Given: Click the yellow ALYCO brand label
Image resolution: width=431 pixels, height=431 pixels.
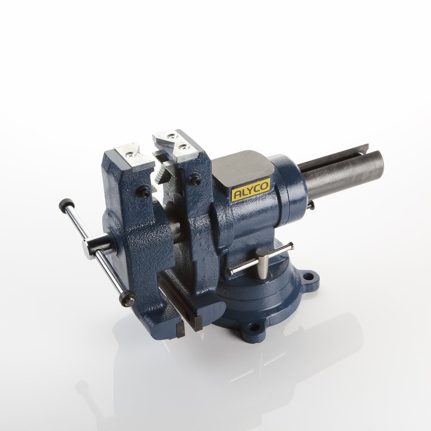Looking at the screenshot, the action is click(251, 190).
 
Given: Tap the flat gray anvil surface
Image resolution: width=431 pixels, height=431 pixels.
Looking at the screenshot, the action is click(242, 168).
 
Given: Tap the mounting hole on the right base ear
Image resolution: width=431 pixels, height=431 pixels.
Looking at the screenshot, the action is click(310, 275).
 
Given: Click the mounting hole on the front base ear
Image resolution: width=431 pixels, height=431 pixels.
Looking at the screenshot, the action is click(253, 327).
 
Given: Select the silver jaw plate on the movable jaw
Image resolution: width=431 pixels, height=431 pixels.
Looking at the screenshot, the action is click(135, 156).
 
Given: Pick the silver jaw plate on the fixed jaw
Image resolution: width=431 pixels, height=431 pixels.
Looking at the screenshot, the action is click(175, 145).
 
